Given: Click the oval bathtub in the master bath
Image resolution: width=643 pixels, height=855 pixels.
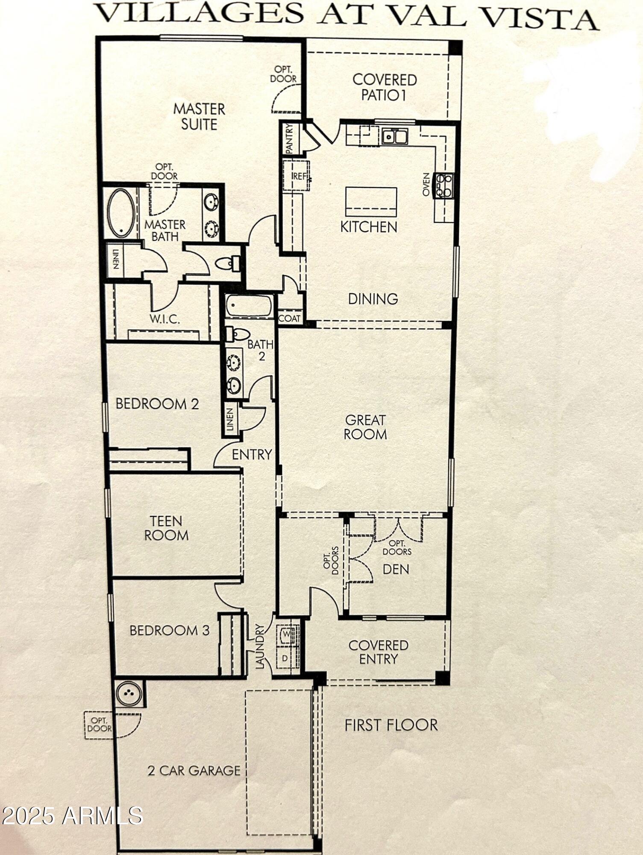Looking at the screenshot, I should click(121, 213).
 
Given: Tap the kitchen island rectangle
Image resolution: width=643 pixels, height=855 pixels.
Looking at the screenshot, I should click(371, 202).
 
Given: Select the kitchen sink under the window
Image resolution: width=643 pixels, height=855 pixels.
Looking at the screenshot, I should click(395, 137).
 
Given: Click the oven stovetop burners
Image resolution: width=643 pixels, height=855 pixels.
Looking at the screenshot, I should click(444, 186).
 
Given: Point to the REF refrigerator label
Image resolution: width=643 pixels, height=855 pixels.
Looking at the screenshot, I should click(299, 176).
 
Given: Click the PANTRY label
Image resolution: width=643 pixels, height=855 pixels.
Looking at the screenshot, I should click(289, 139).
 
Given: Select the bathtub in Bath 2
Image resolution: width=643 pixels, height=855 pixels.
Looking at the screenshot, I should click(249, 306).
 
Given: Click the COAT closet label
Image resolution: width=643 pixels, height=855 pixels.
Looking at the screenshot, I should click(290, 318).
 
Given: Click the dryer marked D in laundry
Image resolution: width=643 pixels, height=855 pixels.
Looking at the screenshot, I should click(285, 659).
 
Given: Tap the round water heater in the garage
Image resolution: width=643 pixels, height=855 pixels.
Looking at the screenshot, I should click(129, 693).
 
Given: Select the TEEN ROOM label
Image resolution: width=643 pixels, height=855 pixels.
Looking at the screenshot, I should click(166, 528).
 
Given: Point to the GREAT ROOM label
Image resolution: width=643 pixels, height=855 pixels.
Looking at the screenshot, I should click(365, 427).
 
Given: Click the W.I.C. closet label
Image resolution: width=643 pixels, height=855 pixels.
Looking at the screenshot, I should click(164, 319).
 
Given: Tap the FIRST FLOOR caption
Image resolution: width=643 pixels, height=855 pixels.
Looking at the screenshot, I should click(391, 725).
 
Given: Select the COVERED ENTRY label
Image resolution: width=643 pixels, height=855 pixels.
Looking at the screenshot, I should click(378, 652).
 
